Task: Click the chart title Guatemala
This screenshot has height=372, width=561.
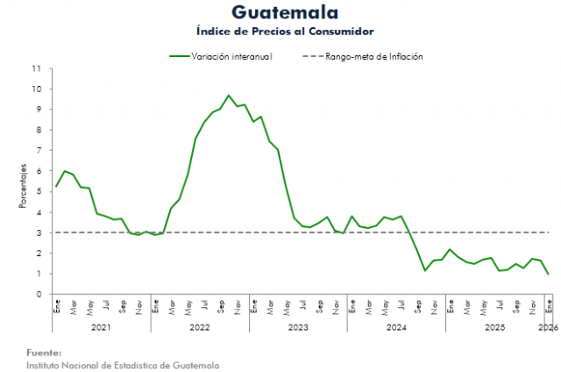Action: [x=285, y=12]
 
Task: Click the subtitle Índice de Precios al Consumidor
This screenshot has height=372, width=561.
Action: [x=285, y=31]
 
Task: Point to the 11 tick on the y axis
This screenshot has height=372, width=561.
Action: [x=36, y=68]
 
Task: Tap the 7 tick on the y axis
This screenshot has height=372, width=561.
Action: [x=37, y=151]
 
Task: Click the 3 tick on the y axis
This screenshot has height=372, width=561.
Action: [x=37, y=232]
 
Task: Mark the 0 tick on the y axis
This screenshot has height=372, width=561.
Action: [x=37, y=295]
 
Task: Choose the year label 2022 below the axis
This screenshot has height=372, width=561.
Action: [x=199, y=327]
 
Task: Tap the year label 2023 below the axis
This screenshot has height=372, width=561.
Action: [x=297, y=327]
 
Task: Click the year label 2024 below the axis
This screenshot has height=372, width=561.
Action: [x=395, y=327]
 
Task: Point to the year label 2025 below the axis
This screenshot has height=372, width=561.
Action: [x=494, y=327]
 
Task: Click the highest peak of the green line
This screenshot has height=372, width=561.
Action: [x=229, y=96]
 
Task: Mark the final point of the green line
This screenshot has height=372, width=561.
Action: [x=549, y=274]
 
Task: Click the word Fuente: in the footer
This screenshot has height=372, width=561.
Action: [x=44, y=351]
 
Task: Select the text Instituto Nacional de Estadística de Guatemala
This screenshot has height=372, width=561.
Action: [x=123, y=364]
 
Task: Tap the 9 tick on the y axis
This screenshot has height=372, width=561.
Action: [x=37, y=110]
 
